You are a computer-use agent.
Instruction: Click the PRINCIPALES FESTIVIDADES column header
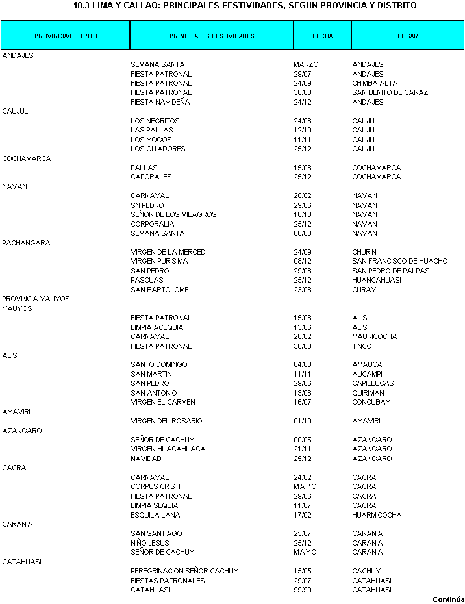click(212, 36)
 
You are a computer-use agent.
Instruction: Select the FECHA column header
click(322, 36)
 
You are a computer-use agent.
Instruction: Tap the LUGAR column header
click(408, 36)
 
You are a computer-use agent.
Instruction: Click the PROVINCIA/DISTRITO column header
click(66, 36)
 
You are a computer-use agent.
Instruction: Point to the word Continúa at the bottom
click(449, 599)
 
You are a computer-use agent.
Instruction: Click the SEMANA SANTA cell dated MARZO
click(157, 64)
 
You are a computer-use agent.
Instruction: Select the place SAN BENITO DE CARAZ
click(390, 92)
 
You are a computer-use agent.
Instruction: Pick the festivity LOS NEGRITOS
click(155, 121)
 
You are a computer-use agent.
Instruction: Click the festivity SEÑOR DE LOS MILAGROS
click(173, 214)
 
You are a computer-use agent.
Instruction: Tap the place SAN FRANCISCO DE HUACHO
click(399, 261)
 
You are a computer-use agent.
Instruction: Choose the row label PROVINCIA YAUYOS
click(36, 299)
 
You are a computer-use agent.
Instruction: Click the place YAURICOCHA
click(374, 336)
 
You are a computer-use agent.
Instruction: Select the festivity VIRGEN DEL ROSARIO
click(166, 421)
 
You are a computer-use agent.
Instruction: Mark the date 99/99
click(303, 590)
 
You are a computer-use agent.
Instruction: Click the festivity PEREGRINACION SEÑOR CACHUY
click(184, 571)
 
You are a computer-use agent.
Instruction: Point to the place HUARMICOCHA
click(377, 515)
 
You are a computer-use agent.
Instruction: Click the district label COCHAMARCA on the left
click(27, 158)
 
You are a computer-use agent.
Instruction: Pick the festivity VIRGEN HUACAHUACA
click(168, 449)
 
